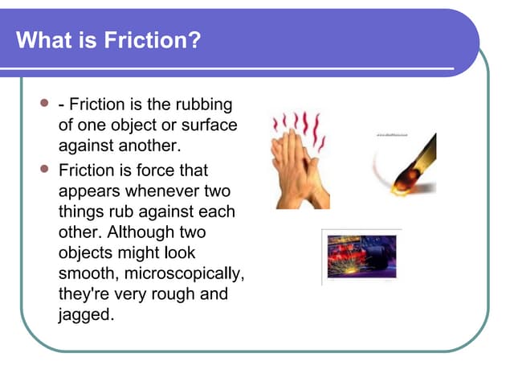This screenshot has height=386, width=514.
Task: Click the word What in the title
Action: click(x=41, y=39)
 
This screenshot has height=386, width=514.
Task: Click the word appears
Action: click(x=88, y=191)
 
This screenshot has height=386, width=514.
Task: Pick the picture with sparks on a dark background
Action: click(x=361, y=256)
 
